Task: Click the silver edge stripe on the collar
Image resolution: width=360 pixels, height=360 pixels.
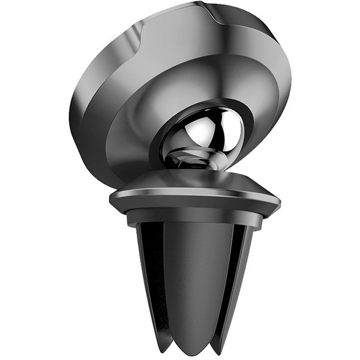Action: [x=192, y=191]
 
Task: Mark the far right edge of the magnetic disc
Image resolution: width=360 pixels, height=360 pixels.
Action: [x=289, y=78]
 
